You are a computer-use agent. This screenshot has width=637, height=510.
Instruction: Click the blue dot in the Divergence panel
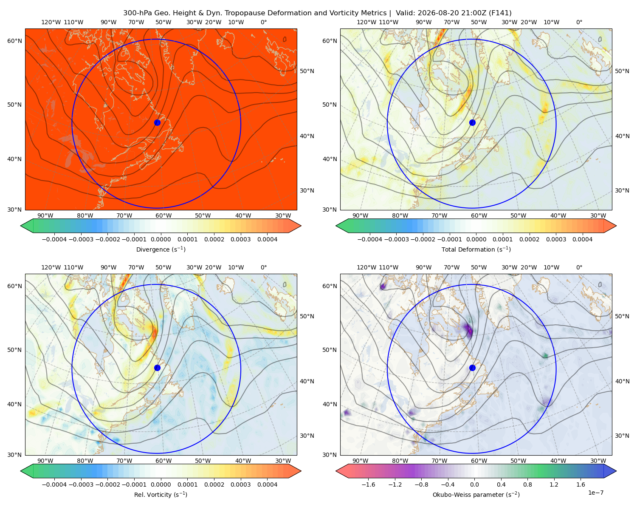157,122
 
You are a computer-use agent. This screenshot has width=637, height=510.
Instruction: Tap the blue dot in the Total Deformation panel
472,122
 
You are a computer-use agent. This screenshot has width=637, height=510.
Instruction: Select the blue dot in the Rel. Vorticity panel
157,368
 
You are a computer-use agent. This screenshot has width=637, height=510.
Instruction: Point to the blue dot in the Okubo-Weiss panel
472,368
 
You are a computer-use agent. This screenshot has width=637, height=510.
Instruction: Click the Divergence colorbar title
161,249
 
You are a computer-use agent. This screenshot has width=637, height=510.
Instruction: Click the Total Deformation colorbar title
476,249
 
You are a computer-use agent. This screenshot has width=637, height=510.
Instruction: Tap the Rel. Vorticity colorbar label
161,494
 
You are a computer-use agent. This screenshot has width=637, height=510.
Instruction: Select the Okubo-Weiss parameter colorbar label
476,494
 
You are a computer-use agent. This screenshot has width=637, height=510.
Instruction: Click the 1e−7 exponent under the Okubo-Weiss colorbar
595,493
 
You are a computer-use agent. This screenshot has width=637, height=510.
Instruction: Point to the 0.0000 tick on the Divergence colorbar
161,239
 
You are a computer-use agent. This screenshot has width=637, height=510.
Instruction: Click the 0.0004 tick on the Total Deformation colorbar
582,239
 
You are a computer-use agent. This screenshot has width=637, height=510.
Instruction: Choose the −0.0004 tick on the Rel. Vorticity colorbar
54,484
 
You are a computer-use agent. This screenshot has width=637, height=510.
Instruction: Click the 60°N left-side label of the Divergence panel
14,41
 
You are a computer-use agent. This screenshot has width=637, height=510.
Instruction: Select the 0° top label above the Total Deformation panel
579,22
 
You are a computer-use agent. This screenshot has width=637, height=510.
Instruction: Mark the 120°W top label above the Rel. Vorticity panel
51,267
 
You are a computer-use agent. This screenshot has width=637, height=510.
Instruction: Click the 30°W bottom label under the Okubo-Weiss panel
598,461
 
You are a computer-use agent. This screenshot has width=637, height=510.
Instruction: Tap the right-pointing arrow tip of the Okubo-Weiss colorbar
616,470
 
